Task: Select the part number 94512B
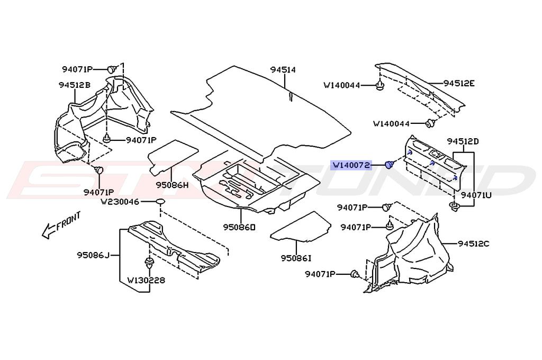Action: [x=74, y=85]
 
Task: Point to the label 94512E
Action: [x=459, y=83]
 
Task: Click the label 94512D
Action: [x=462, y=141]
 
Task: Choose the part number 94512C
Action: [x=474, y=244]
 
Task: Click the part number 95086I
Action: [x=297, y=258]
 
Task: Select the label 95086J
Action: [x=92, y=256]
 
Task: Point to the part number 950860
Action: [x=239, y=227]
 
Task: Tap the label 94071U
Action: [x=476, y=195]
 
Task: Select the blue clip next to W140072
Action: [x=390, y=165]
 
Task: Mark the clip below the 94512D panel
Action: [x=454, y=205]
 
